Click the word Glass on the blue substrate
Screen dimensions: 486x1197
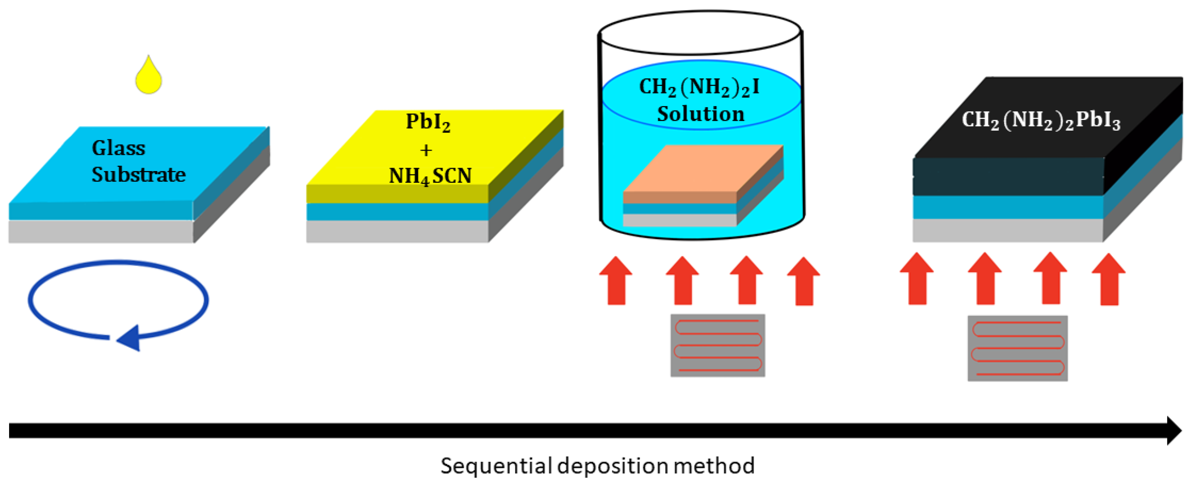click(x=119, y=148)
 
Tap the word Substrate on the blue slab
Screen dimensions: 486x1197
click(x=139, y=175)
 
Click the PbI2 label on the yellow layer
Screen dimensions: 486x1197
click(x=428, y=122)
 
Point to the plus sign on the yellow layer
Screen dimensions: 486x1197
click(x=426, y=150)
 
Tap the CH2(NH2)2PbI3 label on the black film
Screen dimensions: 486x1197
click(x=1041, y=121)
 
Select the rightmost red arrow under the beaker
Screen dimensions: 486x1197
click(x=803, y=281)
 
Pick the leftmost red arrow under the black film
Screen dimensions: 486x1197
click(x=917, y=279)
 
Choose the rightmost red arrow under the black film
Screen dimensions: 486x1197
click(x=1109, y=279)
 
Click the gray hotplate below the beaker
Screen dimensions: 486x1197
click(x=717, y=345)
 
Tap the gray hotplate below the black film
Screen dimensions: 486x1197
click(x=1017, y=348)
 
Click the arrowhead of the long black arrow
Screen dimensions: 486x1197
click(x=1173, y=430)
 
